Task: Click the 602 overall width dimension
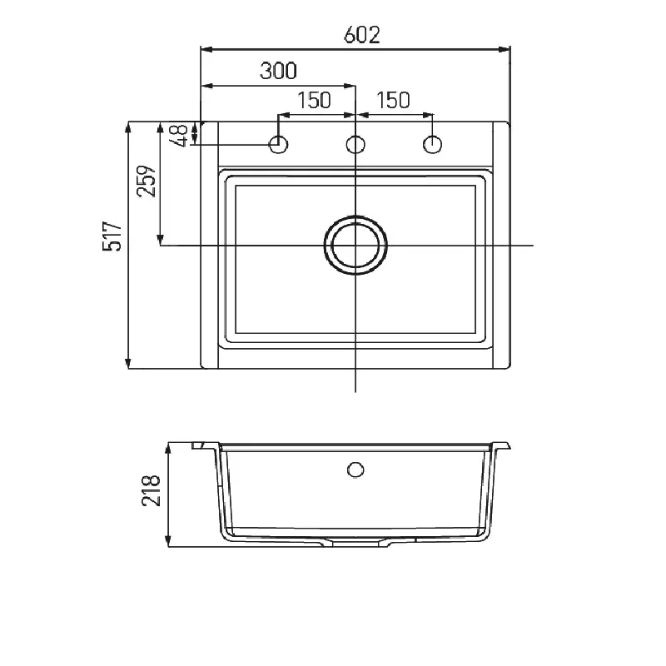(361, 35)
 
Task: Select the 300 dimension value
(278, 71)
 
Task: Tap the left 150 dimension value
(314, 100)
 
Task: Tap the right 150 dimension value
(393, 100)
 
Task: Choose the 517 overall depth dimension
(115, 236)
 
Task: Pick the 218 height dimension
(152, 493)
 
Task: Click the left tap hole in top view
(279, 145)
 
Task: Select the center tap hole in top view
(355, 145)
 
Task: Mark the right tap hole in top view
(432, 145)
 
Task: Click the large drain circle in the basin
(355, 246)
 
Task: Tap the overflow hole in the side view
(355, 470)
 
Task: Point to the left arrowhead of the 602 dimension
(206, 50)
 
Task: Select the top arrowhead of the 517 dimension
(128, 127)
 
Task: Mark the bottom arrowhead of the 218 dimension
(169, 542)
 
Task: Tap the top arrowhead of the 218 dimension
(169, 447)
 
